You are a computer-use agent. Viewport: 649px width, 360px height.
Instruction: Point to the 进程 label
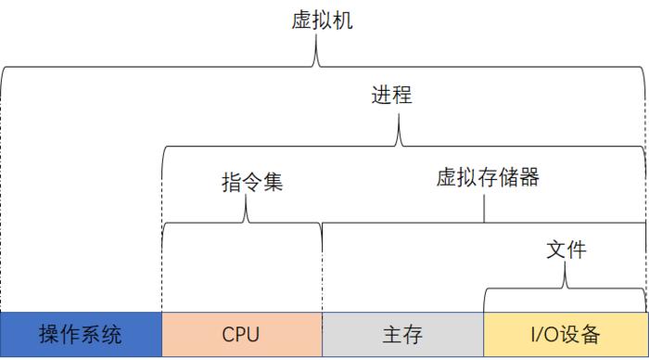click(392, 96)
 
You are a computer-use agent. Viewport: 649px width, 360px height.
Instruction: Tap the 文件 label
click(566, 251)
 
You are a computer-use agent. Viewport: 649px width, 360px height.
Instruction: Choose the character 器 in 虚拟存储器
click(529, 178)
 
